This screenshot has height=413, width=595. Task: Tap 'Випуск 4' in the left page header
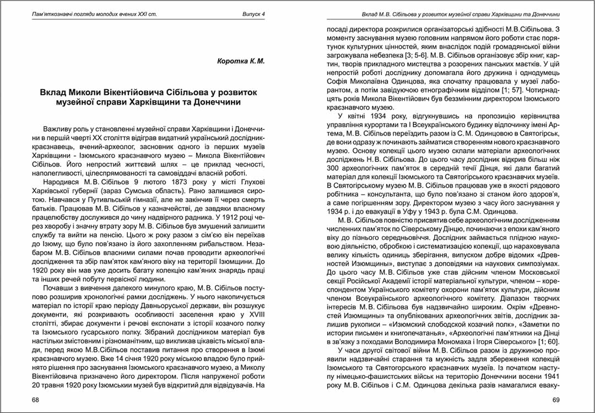254,13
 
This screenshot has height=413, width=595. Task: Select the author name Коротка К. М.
241,61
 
